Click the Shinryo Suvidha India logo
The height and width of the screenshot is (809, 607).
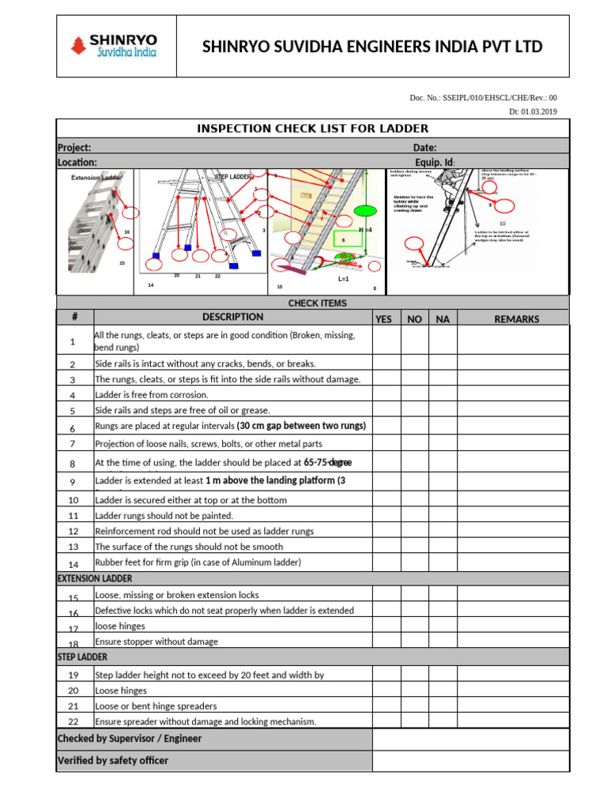[114, 46]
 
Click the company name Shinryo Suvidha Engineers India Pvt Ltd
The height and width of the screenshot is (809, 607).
[372, 47]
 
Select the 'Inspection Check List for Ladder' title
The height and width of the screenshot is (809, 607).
[312, 128]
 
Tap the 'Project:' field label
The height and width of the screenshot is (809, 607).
[74, 147]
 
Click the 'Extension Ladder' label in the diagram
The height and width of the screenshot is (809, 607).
[96, 178]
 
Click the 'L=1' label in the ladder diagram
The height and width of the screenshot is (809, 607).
[344, 279]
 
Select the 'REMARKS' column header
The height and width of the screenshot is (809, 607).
[516, 319]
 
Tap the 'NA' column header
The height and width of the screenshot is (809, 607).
[443, 319]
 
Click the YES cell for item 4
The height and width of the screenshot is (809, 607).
[386, 395]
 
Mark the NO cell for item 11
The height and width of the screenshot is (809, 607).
[414, 515]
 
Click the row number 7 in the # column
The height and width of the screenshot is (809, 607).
[73, 444]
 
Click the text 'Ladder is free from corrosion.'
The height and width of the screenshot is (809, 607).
[152, 395]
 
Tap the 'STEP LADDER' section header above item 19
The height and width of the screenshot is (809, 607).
[82, 657]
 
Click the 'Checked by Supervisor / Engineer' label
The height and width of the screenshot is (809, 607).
[130, 739]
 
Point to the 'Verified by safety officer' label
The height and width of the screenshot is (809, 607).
[113, 761]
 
